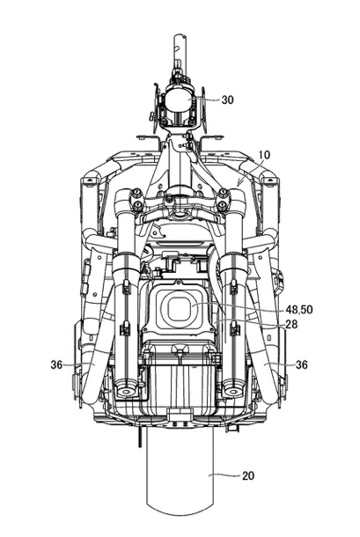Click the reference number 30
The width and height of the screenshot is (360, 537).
(x=227, y=99)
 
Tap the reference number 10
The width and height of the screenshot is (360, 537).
(x=264, y=155)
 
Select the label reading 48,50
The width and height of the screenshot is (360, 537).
(x=299, y=310)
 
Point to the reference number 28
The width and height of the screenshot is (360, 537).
(x=291, y=324)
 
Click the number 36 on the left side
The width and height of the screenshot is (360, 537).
(x=56, y=365)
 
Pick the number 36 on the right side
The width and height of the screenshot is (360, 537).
(x=301, y=365)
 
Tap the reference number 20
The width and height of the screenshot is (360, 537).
(x=248, y=475)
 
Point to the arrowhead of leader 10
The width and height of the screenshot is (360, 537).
(x=239, y=187)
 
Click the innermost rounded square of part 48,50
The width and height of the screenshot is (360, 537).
(x=178, y=307)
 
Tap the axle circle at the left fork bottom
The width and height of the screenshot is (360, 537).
(x=127, y=391)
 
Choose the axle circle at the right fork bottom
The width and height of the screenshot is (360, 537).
(x=232, y=391)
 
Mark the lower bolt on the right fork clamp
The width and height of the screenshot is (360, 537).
(x=223, y=206)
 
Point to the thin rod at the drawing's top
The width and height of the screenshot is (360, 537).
(x=179, y=51)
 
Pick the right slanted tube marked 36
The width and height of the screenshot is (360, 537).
(x=264, y=342)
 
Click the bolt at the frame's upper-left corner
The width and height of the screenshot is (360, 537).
(x=90, y=180)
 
